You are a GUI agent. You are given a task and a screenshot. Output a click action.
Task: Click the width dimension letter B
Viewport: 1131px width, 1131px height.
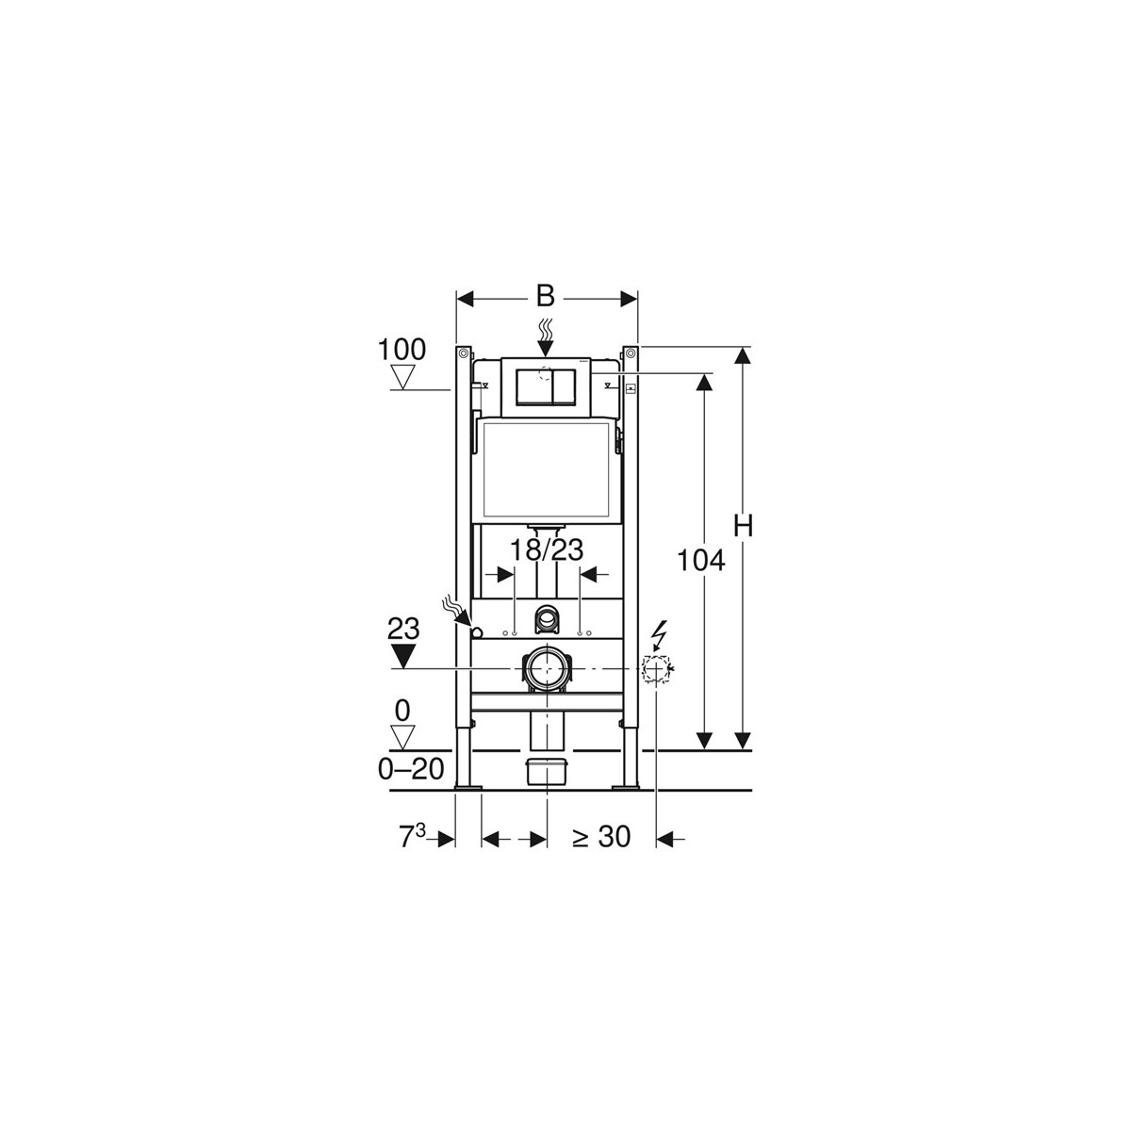[x=546, y=297]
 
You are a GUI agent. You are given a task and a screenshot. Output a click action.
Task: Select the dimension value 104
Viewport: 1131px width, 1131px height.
[x=701, y=561]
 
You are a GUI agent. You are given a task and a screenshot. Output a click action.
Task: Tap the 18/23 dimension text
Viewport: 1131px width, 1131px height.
[x=546, y=550]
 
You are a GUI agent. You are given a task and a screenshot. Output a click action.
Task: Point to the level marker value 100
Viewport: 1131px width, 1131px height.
[x=402, y=351]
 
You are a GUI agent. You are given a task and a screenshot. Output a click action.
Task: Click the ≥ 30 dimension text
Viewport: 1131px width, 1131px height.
[x=601, y=837]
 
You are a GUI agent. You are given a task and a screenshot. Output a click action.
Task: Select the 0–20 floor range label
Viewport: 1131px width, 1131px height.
[x=411, y=769]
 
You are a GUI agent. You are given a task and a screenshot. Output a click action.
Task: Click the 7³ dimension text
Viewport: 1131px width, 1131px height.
[x=413, y=836]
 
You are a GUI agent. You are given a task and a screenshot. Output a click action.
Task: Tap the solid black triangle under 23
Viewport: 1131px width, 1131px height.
[x=402, y=656]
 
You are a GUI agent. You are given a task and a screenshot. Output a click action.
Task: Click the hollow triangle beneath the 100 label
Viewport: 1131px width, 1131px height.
[x=402, y=377]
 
